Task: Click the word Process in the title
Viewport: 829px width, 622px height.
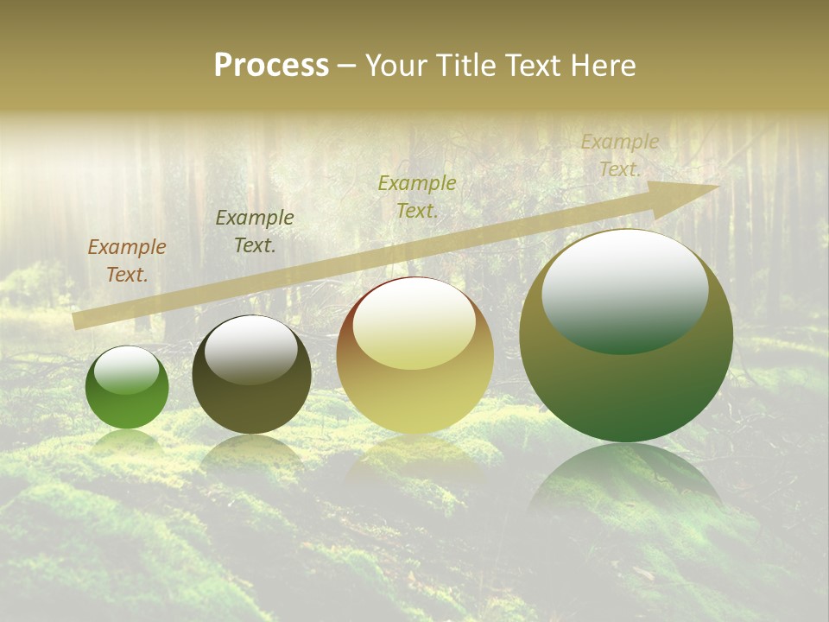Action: pyautogui.click(x=271, y=66)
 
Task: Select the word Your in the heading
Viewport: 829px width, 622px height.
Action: pyautogui.click(x=397, y=66)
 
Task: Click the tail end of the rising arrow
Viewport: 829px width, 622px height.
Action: pyautogui.click(x=76, y=321)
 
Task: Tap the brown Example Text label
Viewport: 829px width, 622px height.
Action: pyautogui.click(x=127, y=261)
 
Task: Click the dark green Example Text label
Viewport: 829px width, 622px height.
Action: pyautogui.click(x=255, y=232)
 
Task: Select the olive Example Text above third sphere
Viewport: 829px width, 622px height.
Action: pyautogui.click(x=417, y=196)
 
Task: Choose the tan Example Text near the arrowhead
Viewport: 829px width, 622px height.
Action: pyautogui.click(x=619, y=155)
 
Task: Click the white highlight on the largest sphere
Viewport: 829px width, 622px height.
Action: pyautogui.click(x=624, y=289)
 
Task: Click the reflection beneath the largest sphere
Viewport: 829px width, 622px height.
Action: pyautogui.click(x=626, y=484)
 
